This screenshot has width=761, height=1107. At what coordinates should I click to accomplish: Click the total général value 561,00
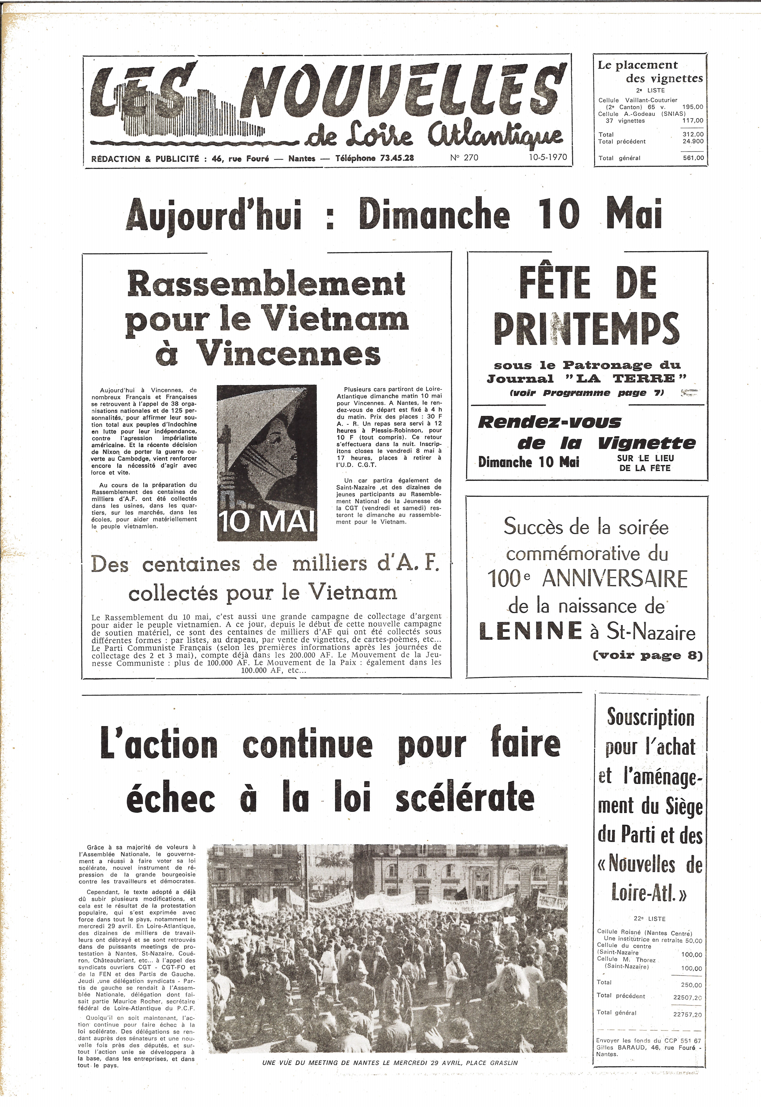pyautogui.click(x=693, y=158)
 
